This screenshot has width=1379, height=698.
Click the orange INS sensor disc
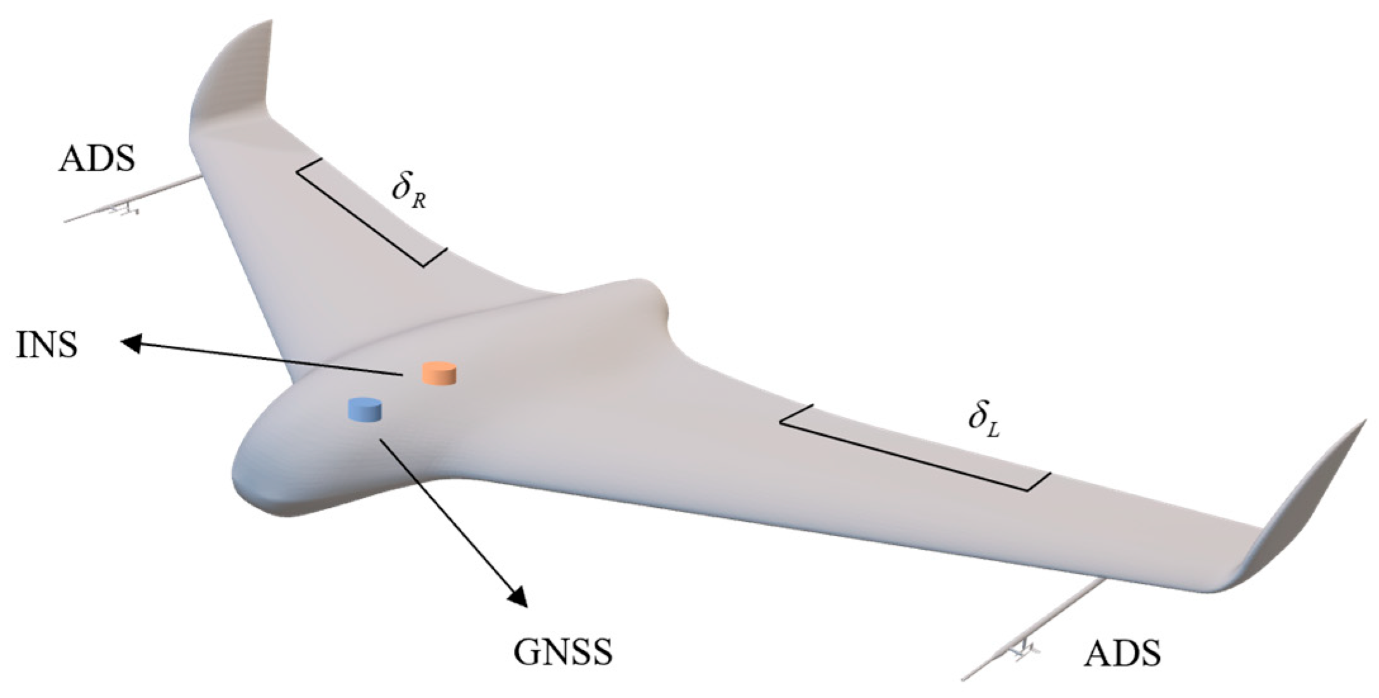[x=439, y=373]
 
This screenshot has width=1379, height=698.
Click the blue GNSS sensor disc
[x=365, y=409]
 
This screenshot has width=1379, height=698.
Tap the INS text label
[x=47, y=346]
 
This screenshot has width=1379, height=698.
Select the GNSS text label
[x=563, y=652]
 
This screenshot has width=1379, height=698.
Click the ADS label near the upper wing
[x=96, y=159]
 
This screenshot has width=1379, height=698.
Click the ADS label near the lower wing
[x=1123, y=653]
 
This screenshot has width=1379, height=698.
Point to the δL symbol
[x=983, y=421]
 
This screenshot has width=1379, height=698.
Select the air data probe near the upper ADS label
[x=127, y=204]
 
